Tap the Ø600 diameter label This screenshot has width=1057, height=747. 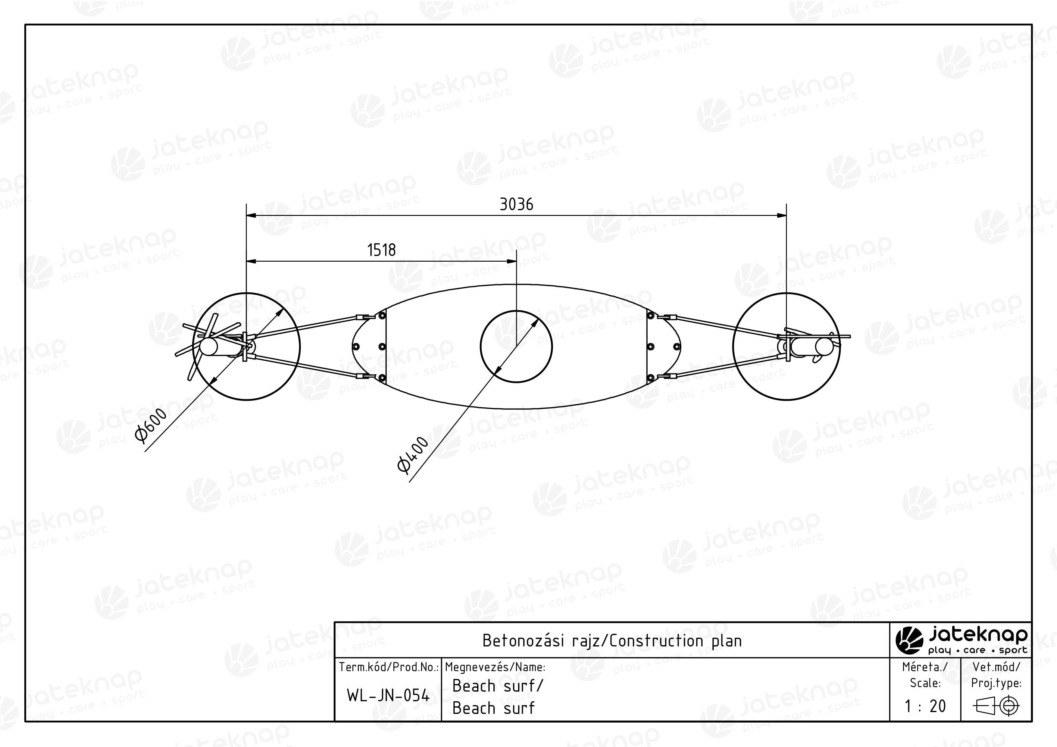(151, 425)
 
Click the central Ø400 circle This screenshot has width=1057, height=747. (516, 311)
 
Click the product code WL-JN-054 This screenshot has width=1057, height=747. (388, 696)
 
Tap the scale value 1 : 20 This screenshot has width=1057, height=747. (925, 706)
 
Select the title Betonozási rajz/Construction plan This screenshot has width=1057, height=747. (612, 641)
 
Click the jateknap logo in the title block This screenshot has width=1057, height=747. (961, 640)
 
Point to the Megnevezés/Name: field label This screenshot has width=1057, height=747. (495, 667)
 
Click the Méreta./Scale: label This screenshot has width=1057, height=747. (925, 674)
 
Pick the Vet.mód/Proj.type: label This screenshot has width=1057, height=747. (996, 674)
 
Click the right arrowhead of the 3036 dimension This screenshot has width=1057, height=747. (782, 215)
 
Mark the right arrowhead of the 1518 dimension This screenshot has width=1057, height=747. (511, 261)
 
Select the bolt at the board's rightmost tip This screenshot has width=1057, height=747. (677, 347)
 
